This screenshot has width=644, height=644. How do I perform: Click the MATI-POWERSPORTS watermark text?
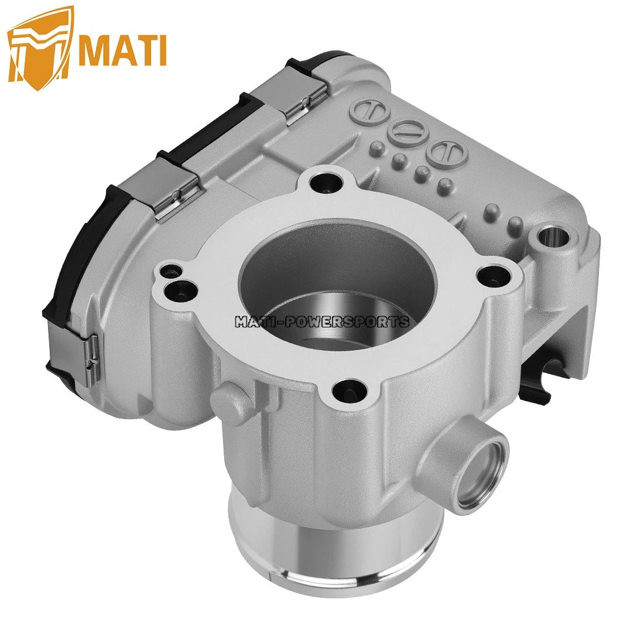(322, 321)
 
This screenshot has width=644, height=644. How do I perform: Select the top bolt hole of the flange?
(323, 182)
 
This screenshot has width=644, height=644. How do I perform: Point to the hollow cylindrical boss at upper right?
(550, 238)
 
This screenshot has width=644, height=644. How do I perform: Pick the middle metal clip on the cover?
(176, 186)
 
